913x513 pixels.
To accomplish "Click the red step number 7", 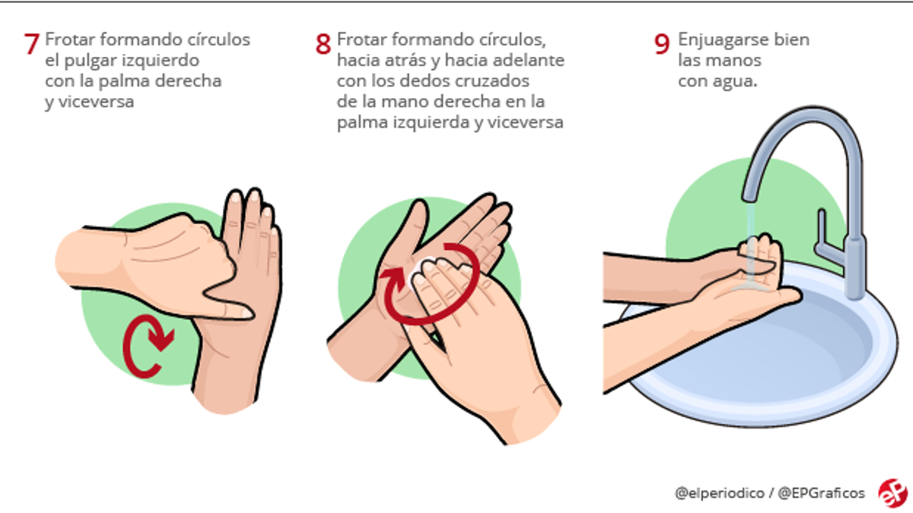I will (31, 43).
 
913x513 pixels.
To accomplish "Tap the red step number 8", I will (323, 43).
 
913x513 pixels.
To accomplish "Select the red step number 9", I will (661, 43).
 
